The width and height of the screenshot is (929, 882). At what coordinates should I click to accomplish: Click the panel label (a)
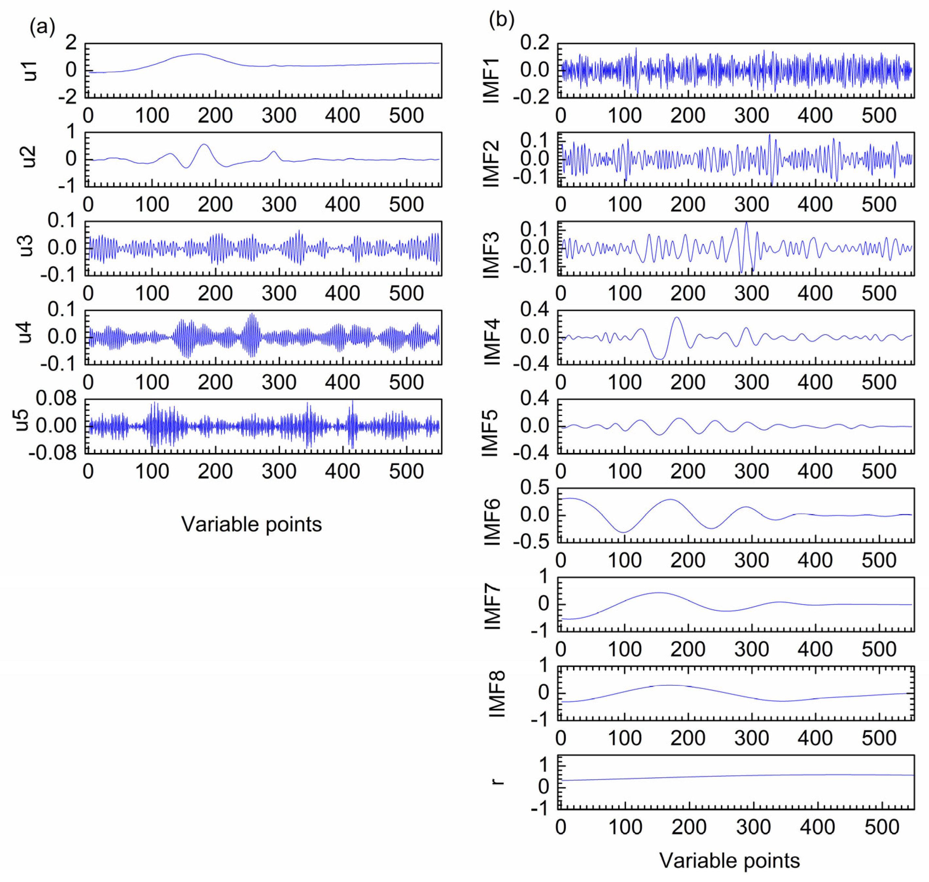click(42, 27)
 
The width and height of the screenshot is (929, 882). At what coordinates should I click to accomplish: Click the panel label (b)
click(501, 20)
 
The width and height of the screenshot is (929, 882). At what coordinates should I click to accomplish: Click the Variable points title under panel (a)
click(252, 524)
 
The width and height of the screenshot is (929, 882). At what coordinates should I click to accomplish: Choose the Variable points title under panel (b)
click(729, 861)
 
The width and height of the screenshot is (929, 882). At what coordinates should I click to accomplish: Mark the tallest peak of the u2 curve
click(204, 144)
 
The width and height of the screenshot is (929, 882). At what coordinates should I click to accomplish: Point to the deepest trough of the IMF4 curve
click(660, 359)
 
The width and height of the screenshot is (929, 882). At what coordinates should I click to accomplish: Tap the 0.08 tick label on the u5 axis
click(56, 398)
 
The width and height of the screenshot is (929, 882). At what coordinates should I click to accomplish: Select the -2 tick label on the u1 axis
click(67, 97)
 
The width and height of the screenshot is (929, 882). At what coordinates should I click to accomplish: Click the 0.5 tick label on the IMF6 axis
click(534, 488)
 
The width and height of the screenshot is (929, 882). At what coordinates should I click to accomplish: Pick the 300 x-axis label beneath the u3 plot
click(279, 293)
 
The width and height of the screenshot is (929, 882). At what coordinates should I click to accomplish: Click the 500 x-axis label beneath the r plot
click(882, 827)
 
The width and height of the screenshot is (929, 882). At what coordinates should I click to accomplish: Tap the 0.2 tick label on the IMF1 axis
click(534, 43)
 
